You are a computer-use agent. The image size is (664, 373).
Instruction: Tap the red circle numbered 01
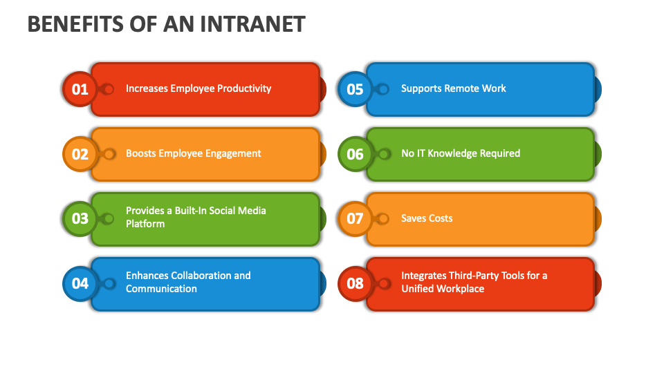pos(80,89)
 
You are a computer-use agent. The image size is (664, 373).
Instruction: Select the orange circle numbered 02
pos(80,154)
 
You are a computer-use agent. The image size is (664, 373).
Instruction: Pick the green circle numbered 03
pos(80,218)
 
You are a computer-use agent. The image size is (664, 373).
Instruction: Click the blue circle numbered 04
pos(80,283)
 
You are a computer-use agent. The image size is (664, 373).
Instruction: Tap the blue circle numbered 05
pos(355,89)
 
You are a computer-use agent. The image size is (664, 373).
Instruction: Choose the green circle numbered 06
pos(355,154)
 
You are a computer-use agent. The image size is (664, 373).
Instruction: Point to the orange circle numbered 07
pos(355,218)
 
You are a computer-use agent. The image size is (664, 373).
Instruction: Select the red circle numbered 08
pos(355,283)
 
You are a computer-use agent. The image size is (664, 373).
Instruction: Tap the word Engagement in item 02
pos(230,153)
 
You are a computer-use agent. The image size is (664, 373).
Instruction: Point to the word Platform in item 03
pos(145,224)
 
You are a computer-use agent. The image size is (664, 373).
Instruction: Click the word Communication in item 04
pos(161,289)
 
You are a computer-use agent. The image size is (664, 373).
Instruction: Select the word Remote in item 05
pos(461,88)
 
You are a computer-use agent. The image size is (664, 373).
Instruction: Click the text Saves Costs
pos(427,218)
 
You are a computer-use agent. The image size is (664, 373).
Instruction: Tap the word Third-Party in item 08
pos(476,276)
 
